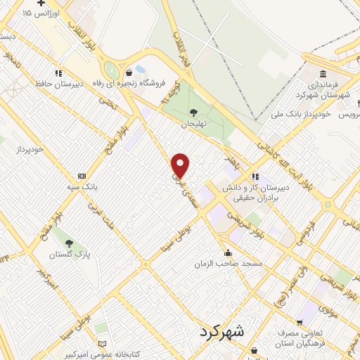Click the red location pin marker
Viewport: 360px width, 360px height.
tap(181, 165)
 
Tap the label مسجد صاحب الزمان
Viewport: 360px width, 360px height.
tap(229, 264)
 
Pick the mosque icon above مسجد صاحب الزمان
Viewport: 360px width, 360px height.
tap(227, 252)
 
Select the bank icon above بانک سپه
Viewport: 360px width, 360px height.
tap(82, 176)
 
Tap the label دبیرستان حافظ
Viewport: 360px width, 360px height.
tap(60, 84)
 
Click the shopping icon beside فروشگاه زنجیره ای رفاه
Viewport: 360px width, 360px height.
tap(128, 72)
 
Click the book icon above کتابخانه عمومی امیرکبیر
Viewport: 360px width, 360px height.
tap(103, 343)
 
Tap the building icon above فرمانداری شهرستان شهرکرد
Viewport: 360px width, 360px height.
tap(323, 73)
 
